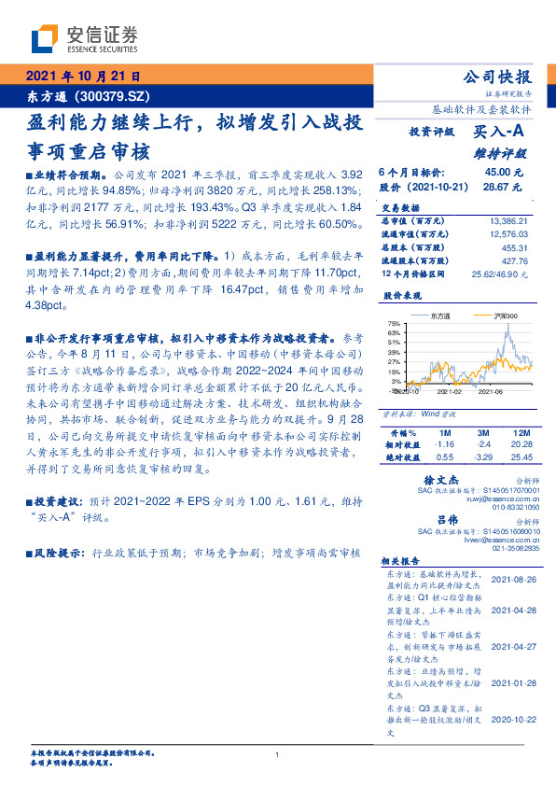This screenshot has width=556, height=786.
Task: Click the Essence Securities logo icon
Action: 45,37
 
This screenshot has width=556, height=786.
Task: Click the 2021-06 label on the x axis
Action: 491,392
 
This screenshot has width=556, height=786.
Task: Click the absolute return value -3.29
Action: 482,457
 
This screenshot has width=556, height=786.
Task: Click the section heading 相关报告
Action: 404,561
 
